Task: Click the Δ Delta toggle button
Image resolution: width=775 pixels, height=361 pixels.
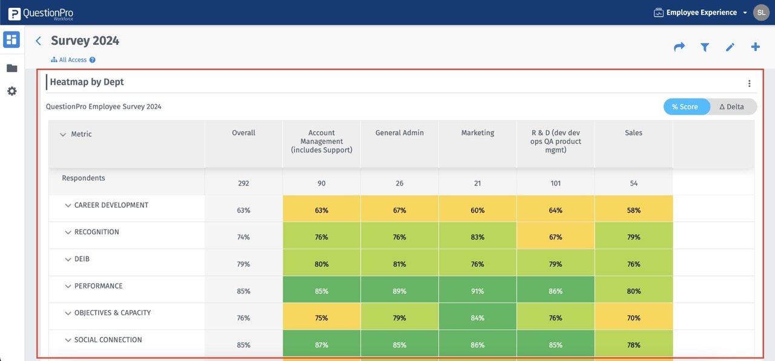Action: (x=732, y=106)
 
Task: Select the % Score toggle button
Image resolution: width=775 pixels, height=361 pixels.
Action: (x=685, y=106)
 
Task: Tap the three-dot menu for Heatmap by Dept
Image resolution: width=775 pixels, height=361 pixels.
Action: (x=749, y=83)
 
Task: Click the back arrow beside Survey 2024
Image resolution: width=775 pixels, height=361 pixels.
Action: (x=38, y=41)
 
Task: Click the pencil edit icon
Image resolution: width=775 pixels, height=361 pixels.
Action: (x=730, y=47)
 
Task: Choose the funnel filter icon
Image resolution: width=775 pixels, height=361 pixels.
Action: (x=705, y=47)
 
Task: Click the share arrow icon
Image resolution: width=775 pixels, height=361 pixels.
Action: (x=679, y=47)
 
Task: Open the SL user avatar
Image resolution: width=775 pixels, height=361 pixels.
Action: (x=761, y=12)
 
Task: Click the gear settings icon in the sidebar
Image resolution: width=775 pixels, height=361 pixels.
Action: (x=12, y=91)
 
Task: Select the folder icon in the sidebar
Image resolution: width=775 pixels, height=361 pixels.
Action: (x=12, y=68)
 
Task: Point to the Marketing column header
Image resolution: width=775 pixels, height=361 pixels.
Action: (x=477, y=133)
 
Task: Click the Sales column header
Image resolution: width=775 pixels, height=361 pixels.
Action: (x=633, y=133)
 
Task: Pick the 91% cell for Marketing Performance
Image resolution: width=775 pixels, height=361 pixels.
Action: (x=477, y=291)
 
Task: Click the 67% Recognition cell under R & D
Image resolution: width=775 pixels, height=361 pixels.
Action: (x=555, y=237)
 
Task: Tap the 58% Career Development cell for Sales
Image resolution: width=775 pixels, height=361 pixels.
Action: (x=633, y=210)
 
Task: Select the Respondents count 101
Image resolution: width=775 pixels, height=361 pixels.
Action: (x=555, y=183)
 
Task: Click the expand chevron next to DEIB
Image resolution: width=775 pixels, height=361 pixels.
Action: (x=68, y=259)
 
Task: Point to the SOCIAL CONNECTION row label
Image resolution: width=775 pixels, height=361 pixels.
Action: (x=108, y=340)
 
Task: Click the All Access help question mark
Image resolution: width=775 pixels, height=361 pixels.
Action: (x=93, y=60)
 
